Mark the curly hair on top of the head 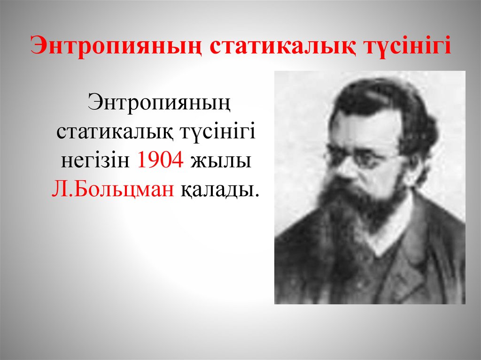(x=376, y=94)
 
